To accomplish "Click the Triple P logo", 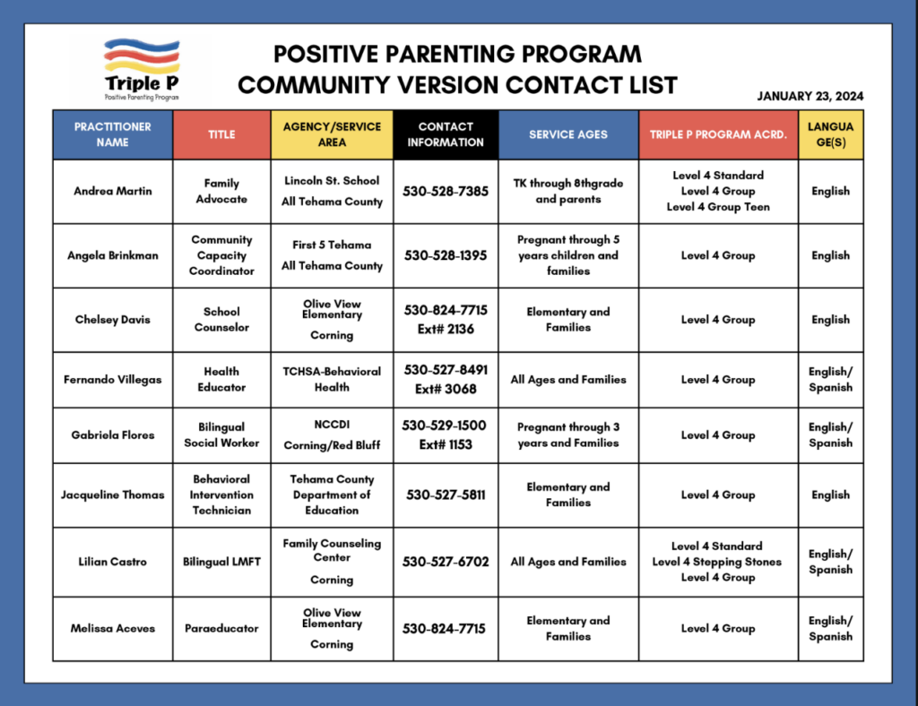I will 142,68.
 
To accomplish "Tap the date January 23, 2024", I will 810,97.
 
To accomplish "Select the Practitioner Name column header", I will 113,134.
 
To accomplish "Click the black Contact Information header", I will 446,134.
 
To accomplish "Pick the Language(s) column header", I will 830,134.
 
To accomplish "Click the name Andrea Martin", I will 113,191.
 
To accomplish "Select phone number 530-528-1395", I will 446,255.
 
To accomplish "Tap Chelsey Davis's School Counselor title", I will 221,320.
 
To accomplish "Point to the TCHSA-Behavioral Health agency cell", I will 332,379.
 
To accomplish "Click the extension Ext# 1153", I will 446,443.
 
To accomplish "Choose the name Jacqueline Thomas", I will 113,495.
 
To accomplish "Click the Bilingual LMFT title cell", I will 221,562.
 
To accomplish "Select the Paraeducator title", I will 221,629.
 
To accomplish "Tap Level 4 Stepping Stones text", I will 717,562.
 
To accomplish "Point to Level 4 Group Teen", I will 718,207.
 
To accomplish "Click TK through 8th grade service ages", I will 568,191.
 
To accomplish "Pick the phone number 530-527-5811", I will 446,495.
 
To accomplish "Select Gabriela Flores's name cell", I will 113,435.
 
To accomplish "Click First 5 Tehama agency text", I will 332,245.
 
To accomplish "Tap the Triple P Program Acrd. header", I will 718,134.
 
